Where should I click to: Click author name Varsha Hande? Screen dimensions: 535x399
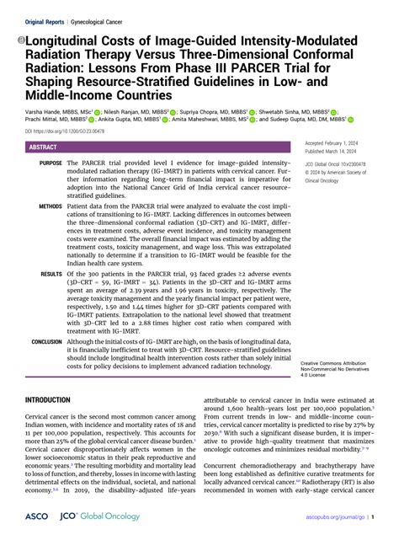(45, 110)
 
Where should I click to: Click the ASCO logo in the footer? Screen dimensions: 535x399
(36, 515)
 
